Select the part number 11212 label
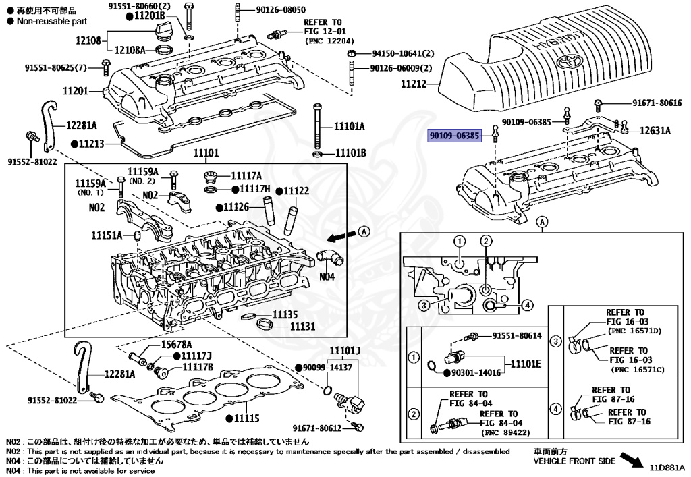coord(414,84)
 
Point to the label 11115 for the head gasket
coord(246,419)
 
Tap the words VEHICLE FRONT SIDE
coord(574,461)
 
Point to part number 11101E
coord(526,364)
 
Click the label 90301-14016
coord(476,372)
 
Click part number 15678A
coord(176,344)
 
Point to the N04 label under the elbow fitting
coord(327,276)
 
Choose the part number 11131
coord(303,326)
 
